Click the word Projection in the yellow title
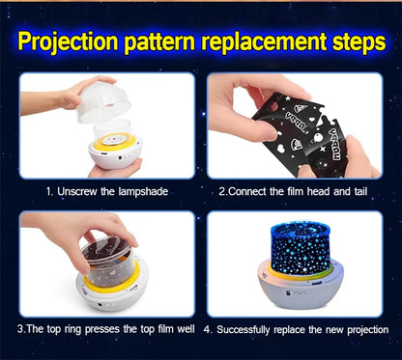coord(68,42)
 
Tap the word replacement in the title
coord(263,42)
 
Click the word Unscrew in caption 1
coord(77,192)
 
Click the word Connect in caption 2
coord(247,192)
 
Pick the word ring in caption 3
coord(74,330)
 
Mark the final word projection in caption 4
coord(368,330)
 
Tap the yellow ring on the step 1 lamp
coord(115,144)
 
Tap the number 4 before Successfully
coord(207,330)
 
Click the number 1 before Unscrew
coord(48,192)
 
